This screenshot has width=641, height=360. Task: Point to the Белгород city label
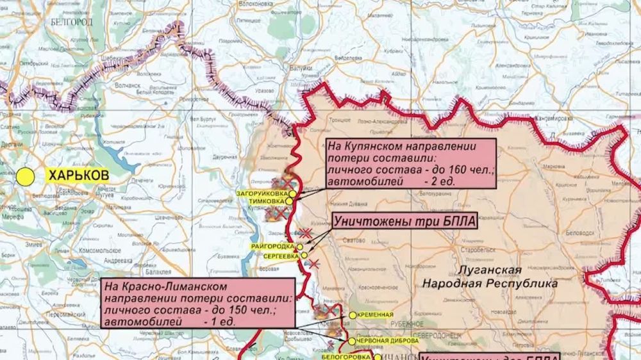[x=72, y=22]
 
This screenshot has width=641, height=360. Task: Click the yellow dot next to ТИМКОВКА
[x=289, y=201]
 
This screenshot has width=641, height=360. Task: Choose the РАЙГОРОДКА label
[x=273, y=247]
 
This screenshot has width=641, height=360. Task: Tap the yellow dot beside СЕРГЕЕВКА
[x=304, y=255]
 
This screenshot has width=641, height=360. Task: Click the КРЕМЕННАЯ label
[x=376, y=315]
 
